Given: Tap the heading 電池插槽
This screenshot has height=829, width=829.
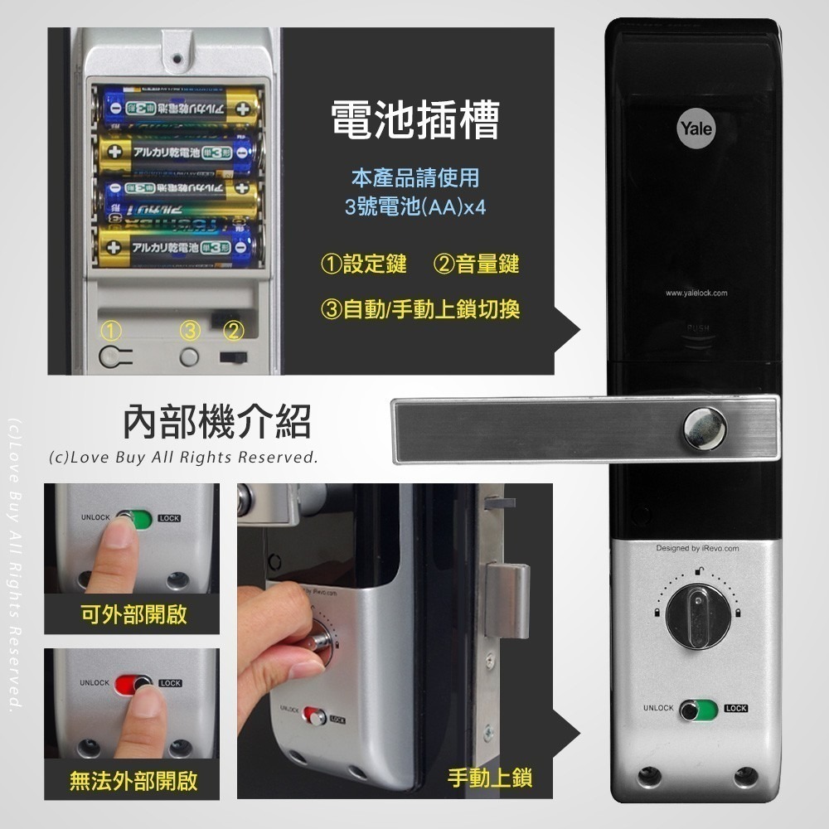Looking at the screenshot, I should click(x=414, y=121).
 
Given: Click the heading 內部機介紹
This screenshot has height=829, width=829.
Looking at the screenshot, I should click(x=217, y=421).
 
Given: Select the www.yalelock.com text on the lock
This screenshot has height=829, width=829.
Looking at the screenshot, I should click(x=696, y=293).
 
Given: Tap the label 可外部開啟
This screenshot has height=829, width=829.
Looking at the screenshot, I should click(x=133, y=614).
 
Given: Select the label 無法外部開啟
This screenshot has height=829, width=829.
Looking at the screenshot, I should click(x=133, y=780).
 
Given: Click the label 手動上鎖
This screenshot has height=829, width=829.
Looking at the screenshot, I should click(x=489, y=778).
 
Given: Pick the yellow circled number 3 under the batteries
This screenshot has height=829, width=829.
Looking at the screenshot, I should click(x=191, y=331).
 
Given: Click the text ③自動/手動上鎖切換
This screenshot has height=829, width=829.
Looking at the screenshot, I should click(x=420, y=309).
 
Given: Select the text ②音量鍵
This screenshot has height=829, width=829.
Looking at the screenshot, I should click(x=476, y=264).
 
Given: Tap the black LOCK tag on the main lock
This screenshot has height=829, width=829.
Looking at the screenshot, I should click(x=735, y=709).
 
